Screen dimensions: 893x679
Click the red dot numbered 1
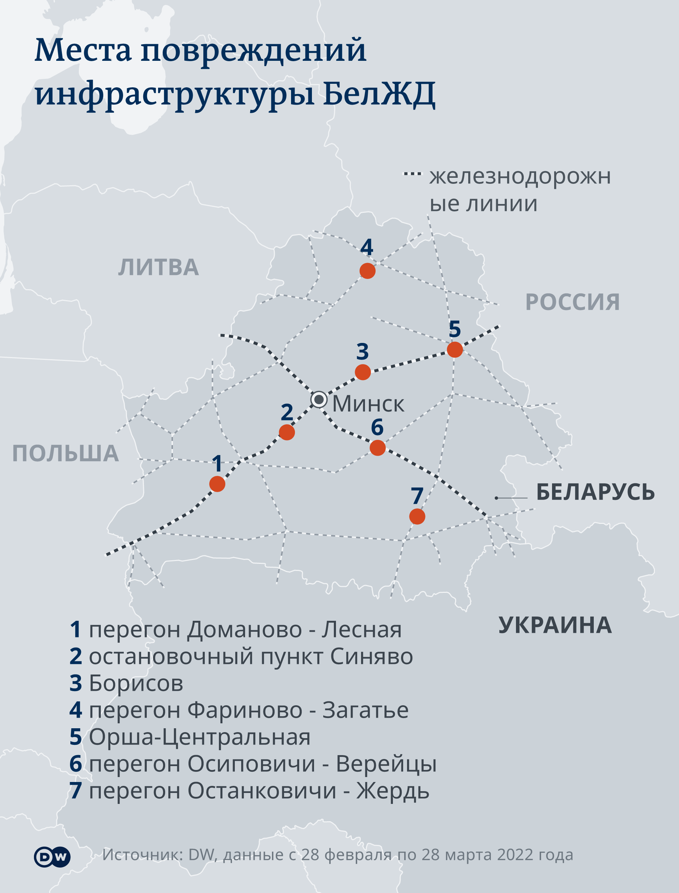pyautogui.click(x=217, y=484)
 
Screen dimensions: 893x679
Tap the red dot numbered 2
pyautogui.click(x=286, y=432)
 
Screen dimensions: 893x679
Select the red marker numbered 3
pyautogui.click(x=362, y=372)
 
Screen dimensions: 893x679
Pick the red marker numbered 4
pyautogui.click(x=367, y=271)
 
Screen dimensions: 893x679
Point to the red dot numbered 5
pyautogui.click(x=455, y=350)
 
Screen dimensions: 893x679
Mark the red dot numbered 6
pyautogui.click(x=377, y=448)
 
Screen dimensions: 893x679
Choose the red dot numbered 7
pyautogui.click(x=417, y=516)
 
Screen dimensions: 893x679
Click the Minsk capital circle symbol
pyautogui.click(x=319, y=399)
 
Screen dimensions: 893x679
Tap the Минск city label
pyautogui.click(x=368, y=404)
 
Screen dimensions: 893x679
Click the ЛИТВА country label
pyautogui.click(x=158, y=268)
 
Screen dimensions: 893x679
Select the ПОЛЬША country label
pyautogui.click(x=65, y=453)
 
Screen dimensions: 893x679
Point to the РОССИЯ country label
pyautogui.click(x=572, y=302)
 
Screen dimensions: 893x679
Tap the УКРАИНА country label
pyautogui.click(x=555, y=625)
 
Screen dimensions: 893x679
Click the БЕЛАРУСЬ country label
pyautogui.click(x=595, y=492)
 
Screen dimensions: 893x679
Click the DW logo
pyautogui.click(x=52, y=857)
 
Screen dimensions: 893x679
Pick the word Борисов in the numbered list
pyautogui.click(x=136, y=683)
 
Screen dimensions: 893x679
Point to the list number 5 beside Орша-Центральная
pyautogui.click(x=76, y=737)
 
